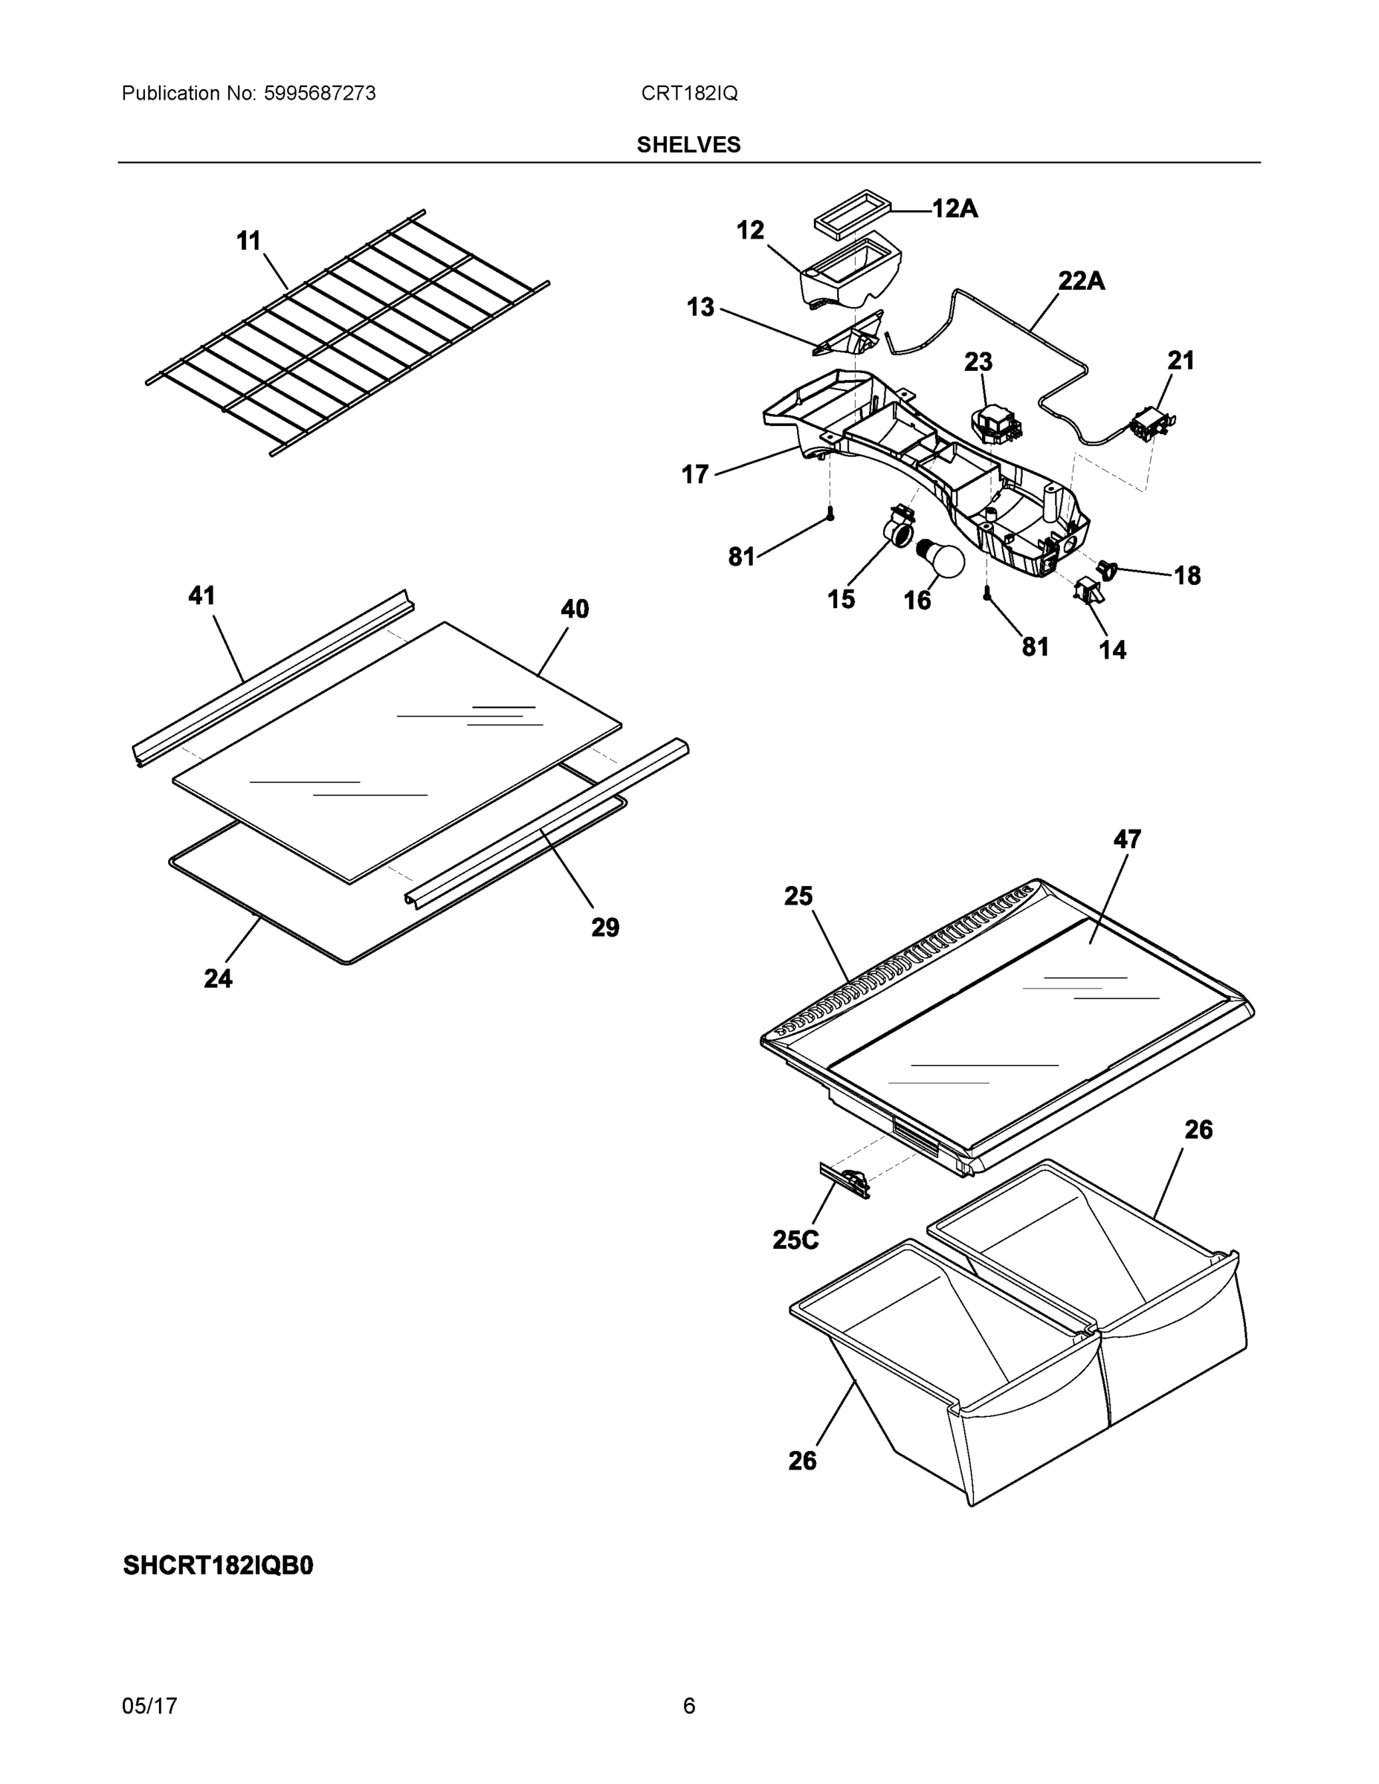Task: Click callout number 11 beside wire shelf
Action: (x=248, y=241)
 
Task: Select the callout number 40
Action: (x=575, y=609)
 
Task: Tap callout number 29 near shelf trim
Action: (x=605, y=927)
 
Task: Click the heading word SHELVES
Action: (x=688, y=145)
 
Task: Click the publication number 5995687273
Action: (x=320, y=94)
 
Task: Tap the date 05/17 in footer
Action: (x=149, y=1706)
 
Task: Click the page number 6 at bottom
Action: (x=688, y=1706)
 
